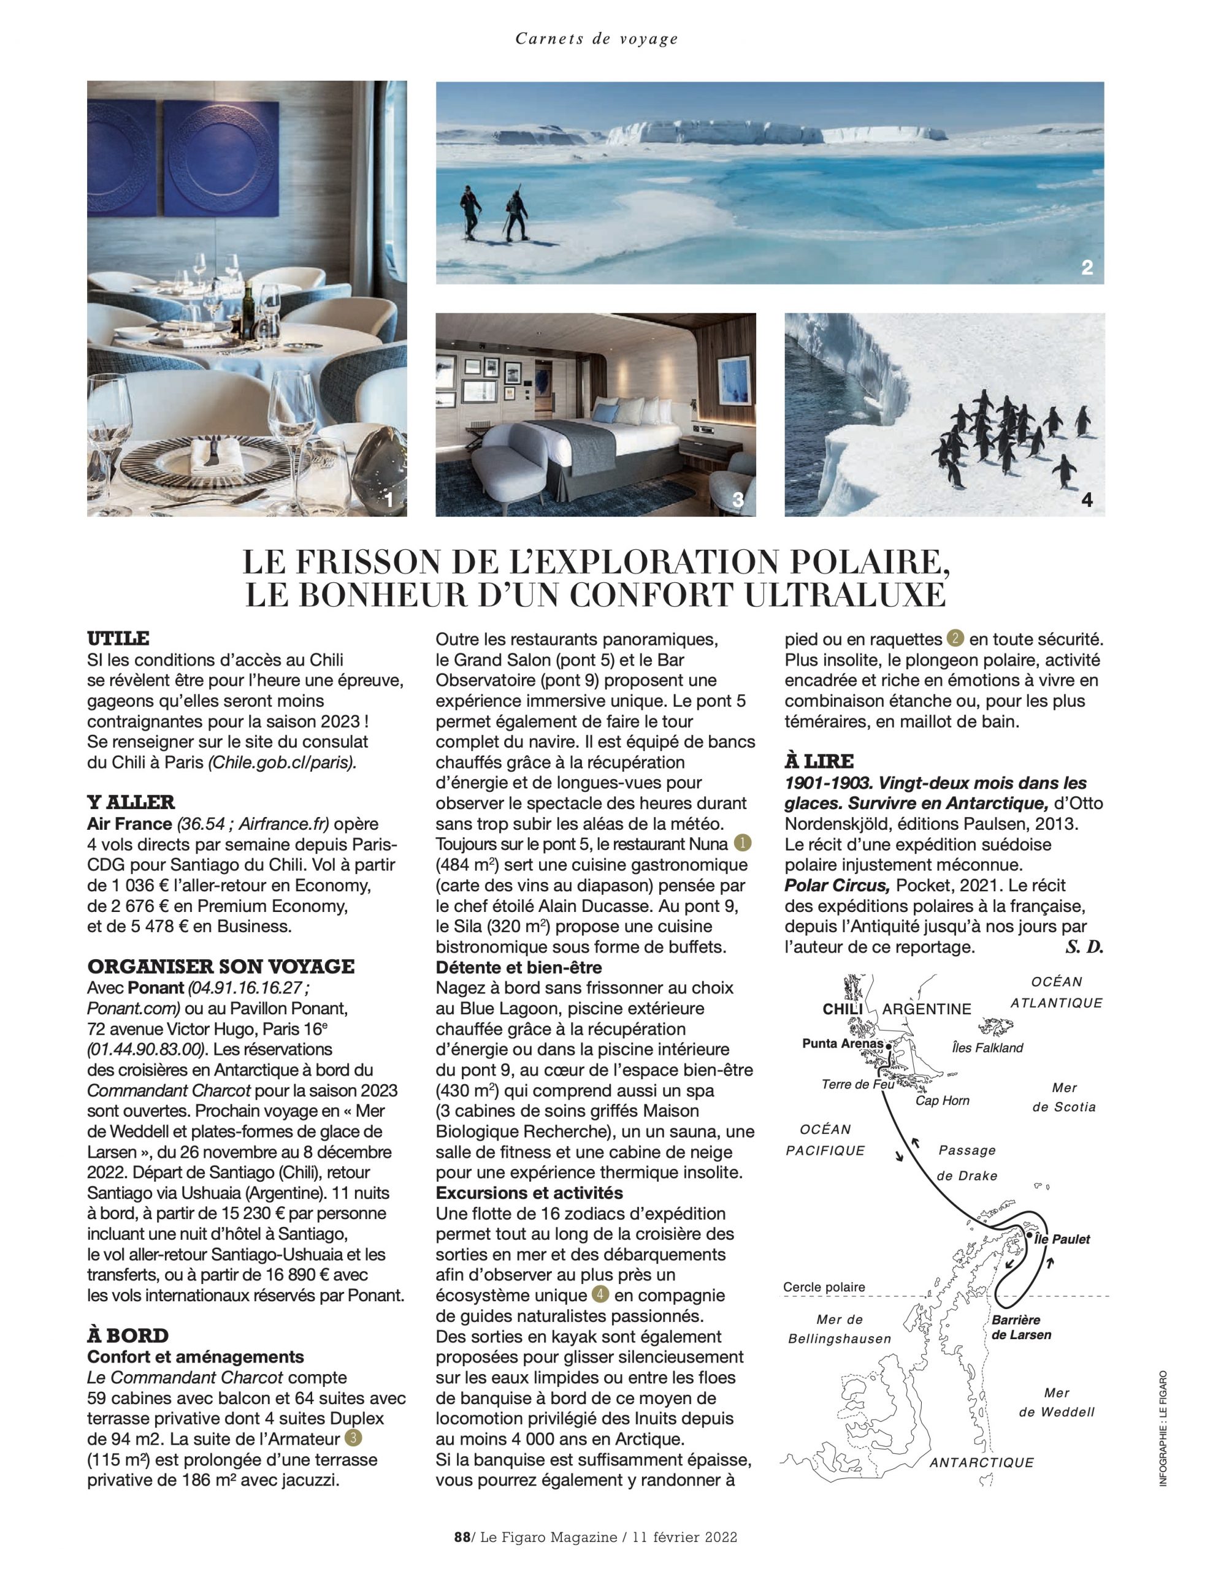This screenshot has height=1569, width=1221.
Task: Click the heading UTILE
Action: pyautogui.click(x=118, y=638)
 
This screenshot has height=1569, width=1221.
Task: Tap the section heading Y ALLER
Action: pyautogui.click(x=131, y=802)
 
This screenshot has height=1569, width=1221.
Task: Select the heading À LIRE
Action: pyautogui.click(x=819, y=761)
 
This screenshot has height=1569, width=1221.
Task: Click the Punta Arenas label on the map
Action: pyautogui.click(x=842, y=1043)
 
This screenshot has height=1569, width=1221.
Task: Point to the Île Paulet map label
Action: pyautogui.click(x=1062, y=1239)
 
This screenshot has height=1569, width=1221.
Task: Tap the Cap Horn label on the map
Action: pyautogui.click(x=942, y=1101)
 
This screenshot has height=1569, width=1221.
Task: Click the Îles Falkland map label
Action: pyautogui.click(x=987, y=1047)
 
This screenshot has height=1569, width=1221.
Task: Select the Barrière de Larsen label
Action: pyautogui.click(x=1020, y=1328)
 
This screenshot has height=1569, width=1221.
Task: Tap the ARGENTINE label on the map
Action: pyautogui.click(x=927, y=1009)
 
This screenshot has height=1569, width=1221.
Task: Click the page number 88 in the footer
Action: pyautogui.click(x=461, y=1537)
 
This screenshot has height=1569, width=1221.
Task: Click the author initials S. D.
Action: pyautogui.click(x=1084, y=947)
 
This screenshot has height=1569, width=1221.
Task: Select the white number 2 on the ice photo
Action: pyautogui.click(x=1087, y=268)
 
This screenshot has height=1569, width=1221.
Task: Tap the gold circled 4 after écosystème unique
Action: pyautogui.click(x=600, y=1294)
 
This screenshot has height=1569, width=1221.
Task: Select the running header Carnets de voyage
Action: pyautogui.click(x=597, y=39)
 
